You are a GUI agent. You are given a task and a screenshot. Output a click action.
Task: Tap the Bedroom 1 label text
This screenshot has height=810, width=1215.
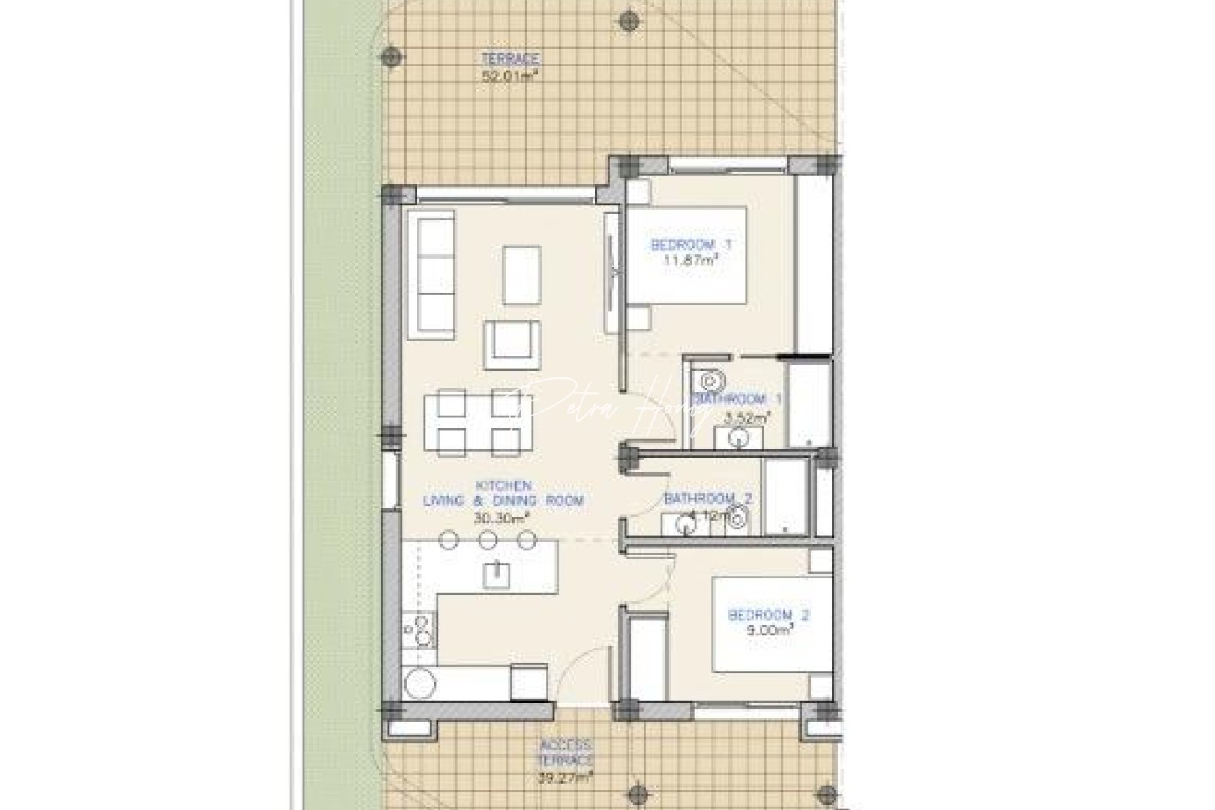691,244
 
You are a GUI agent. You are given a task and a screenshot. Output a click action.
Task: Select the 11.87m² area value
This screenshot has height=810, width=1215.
691,260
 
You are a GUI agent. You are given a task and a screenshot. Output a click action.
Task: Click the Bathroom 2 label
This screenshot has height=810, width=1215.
707,498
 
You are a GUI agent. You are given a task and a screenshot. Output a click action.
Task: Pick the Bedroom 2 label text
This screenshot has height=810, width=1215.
769,616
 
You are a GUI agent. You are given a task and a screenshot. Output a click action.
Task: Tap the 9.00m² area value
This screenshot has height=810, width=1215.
770,631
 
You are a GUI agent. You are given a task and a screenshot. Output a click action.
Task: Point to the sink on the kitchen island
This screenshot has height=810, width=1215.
496,574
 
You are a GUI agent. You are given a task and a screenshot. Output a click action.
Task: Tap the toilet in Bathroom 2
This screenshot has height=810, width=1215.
739,516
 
